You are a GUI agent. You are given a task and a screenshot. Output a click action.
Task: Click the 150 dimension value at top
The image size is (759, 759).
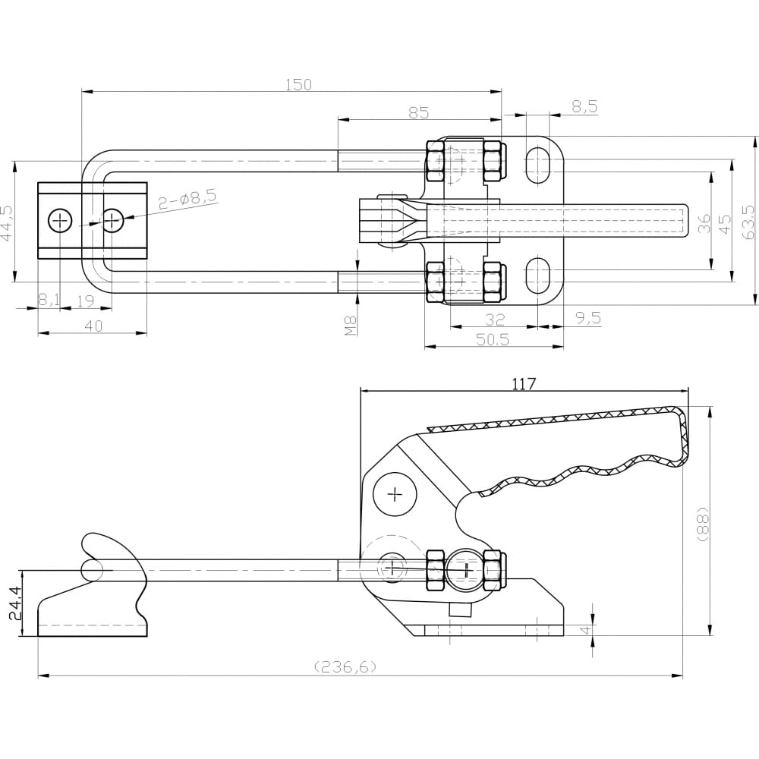(x=298, y=84)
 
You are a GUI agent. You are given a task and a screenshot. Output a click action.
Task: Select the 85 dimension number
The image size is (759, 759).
(x=419, y=112)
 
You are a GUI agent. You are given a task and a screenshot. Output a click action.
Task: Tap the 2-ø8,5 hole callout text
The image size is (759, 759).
(x=188, y=199)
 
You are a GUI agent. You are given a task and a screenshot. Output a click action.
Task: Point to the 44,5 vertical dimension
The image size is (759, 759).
(x=6, y=222)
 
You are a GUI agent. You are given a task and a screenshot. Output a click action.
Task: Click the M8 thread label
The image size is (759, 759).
(x=351, y=326)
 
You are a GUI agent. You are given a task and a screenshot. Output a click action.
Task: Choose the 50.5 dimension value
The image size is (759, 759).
(x=493, y=339)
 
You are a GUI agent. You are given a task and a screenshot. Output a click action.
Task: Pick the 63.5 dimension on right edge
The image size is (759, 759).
(x=750, y=222)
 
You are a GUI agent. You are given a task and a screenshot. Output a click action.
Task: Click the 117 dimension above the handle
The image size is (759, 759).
(x=524, y=383)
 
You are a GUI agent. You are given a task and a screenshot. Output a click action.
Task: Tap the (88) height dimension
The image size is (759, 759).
(x=704, y=524)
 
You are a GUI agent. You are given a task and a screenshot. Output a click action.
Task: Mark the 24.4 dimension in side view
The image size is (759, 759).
(x=16, y=603)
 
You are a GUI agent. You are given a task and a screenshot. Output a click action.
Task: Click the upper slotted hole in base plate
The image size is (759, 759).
(x=537, y=165)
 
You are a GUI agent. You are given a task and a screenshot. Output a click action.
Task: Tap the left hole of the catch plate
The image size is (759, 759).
(x=60, y=221)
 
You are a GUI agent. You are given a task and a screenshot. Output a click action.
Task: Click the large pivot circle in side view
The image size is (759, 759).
(x=395, y=494)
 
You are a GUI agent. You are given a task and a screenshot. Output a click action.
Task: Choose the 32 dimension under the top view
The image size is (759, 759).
(x=494, y=319)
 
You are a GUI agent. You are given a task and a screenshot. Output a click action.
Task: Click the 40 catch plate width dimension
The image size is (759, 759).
(x=93, y=326)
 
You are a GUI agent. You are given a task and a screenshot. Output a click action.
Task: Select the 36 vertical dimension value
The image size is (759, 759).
(x=705, y=223)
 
